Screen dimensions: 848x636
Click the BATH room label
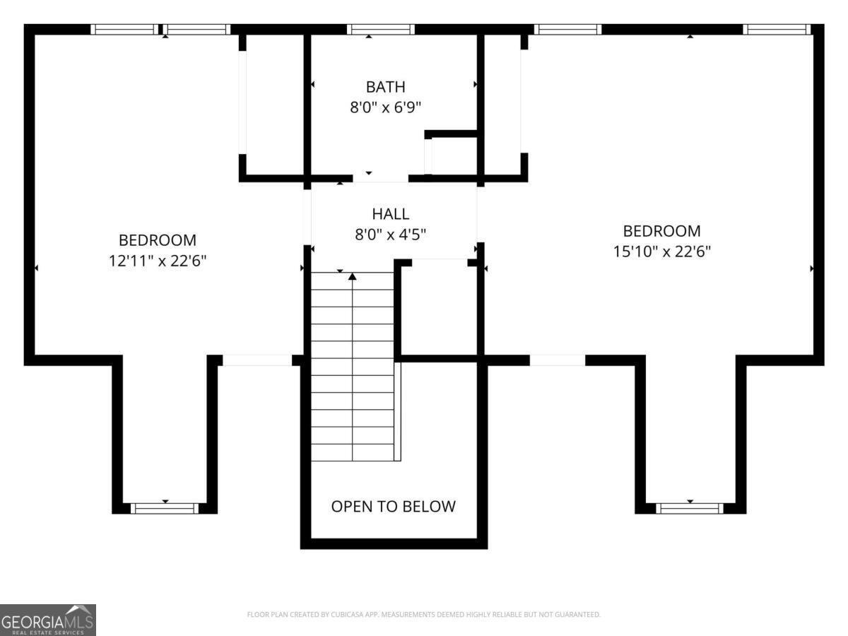coord(386,87)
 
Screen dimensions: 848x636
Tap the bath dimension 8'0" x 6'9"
coord(385,107)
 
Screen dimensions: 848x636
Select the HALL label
coord(391,214)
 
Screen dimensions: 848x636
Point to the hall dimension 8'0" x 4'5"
coord(390,235)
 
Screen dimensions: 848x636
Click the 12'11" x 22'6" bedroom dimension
coord(158,261)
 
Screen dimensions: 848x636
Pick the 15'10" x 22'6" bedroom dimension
coord(661,252)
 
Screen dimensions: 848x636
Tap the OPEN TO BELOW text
coord(394,506)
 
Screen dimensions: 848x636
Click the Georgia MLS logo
coord(48,620)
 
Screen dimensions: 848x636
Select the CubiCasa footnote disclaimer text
coord(424,614)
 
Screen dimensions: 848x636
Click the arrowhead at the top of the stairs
coord(352,276)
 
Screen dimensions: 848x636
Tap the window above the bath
coord(380,30)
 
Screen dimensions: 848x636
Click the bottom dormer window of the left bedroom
coord(165,508)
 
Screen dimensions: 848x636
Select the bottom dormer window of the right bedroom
coord(690,508)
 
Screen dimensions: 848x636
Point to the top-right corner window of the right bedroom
coord(777,30)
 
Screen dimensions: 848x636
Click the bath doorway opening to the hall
coord(380,178)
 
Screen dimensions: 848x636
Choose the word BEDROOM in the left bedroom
coord(158,240)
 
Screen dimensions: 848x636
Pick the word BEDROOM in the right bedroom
coord(661,231)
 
